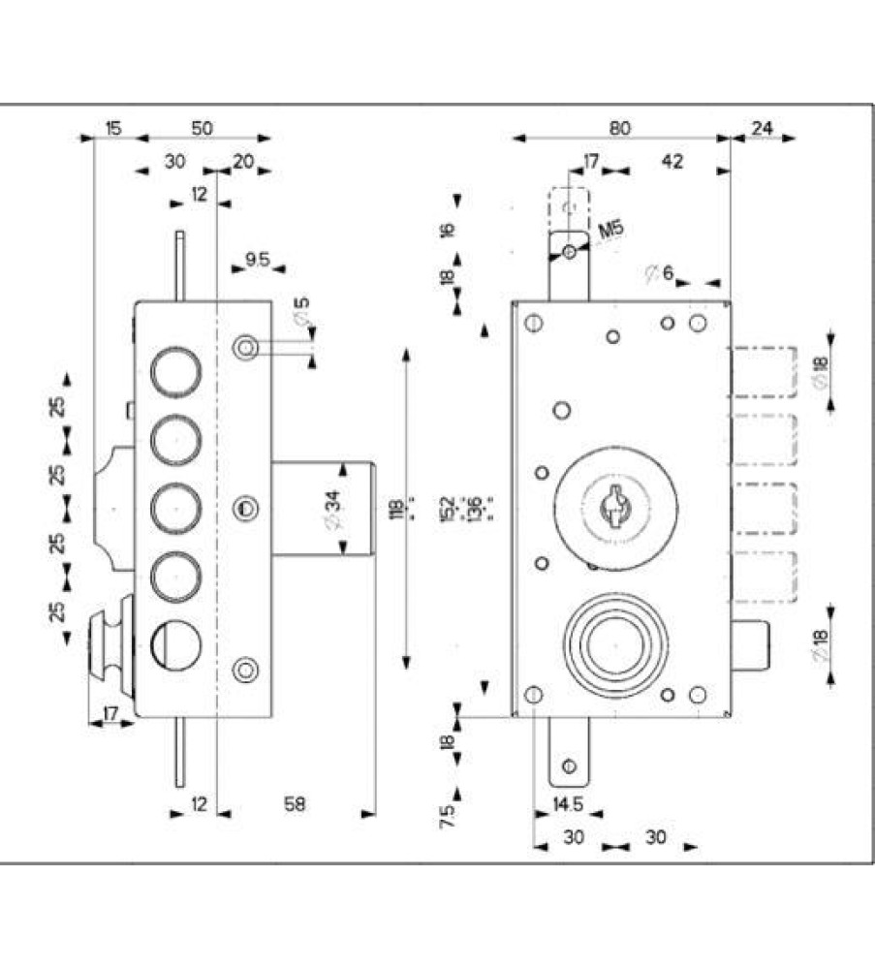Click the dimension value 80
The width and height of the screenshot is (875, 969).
pos(621,128)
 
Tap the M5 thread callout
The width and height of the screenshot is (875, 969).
pos(610,230)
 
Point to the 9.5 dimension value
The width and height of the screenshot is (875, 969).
pos(257,260)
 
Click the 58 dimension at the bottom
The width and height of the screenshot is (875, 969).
pos(295,804)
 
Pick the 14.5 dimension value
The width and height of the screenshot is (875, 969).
pos(567,804)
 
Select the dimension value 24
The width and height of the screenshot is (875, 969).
pos(762,128)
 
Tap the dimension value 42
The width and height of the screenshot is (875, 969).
pos(671,161)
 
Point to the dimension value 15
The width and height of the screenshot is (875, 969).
pos(113,128)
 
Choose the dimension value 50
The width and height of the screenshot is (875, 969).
pos(202,128)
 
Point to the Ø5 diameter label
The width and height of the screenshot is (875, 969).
pos(300,315)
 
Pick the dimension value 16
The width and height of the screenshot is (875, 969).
pos(447,230)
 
